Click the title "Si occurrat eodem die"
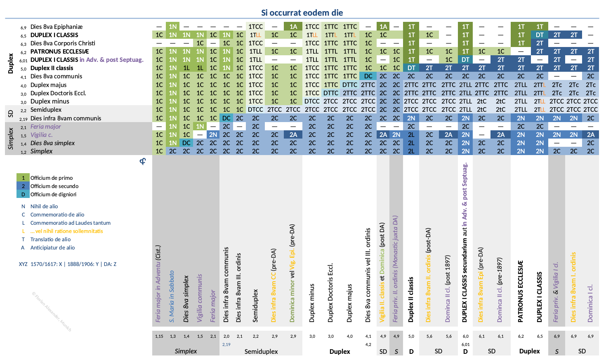[302, 13]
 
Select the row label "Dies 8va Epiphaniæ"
[57, 27]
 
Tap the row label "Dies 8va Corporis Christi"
[63, 43]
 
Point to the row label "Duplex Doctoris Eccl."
[58, 93]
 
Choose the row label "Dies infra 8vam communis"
[66, 118]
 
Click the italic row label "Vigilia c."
[41, 135]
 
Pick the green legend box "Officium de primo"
[23, 178]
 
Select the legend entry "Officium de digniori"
[53, 194]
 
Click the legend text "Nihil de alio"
[44, 206]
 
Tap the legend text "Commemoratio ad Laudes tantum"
[70, 223]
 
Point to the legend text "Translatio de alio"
[50, 239]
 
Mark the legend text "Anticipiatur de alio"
[52, 247]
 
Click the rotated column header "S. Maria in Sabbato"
[172, 296]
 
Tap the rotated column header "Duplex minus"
[312, 303]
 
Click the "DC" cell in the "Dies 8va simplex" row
[186, 143]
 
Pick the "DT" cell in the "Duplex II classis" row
[411, 68]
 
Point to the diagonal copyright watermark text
[52, 312]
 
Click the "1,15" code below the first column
[159, 336]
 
